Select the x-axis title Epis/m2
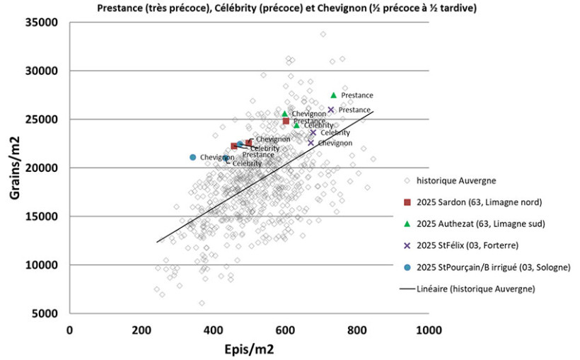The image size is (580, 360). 248,349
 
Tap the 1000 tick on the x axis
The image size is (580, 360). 429,330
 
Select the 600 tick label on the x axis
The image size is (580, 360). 285,330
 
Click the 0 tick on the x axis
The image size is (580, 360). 69,330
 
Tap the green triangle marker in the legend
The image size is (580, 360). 407,224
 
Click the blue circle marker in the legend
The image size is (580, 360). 407,267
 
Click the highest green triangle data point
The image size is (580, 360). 334,95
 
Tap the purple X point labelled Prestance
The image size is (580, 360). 331,110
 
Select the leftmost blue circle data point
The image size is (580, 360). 192,157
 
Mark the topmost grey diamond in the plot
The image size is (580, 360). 323,34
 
